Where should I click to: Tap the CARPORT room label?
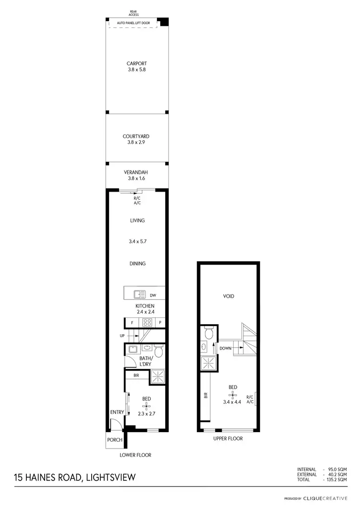click(x=136, y=63)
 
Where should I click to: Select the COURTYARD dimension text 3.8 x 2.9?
click(x=136, y=143)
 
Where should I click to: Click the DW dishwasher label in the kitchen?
click(x=153, y=295)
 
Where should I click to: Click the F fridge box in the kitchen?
click(x=132, y=323)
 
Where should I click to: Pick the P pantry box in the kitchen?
click(x=160, y=323)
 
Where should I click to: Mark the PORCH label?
click(x=114, y=440)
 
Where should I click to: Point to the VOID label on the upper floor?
click(x=229, y=296)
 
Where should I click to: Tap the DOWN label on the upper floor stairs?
click(x=226, y=348)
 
